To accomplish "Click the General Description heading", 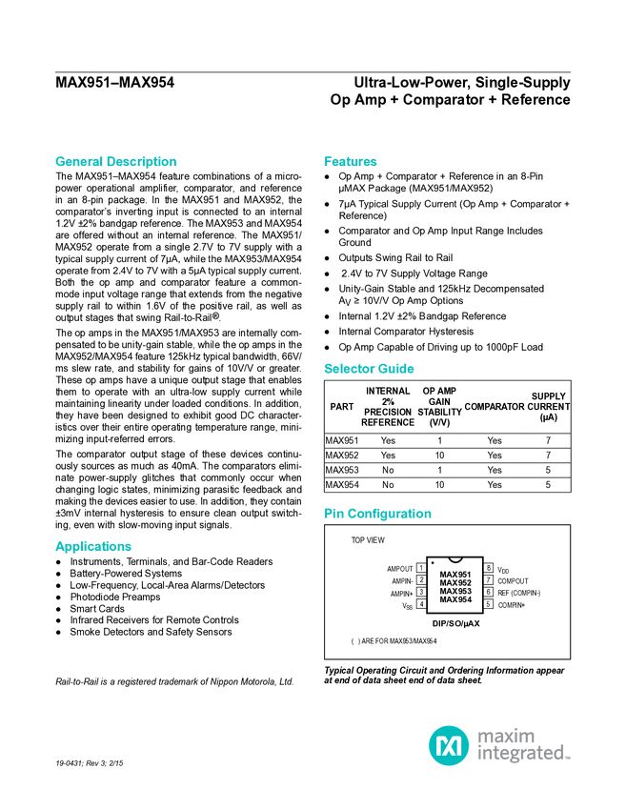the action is (115, 162).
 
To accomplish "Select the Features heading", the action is (351, 162).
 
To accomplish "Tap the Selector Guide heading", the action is (369, 369).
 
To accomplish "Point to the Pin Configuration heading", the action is (377, 514).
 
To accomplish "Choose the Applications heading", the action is (93, 547).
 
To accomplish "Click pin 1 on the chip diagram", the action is (421, 568).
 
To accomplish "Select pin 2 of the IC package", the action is (421, 579).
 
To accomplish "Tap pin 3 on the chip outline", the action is (421, 592).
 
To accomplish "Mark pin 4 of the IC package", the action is (421, 603).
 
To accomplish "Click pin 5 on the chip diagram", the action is (488, 603).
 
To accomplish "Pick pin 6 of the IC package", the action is (488, 592).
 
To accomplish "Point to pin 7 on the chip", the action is (488, 579).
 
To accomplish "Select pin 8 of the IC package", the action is (488, 568).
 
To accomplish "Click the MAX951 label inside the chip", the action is (455, 575).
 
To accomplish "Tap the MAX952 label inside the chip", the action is (455, 583).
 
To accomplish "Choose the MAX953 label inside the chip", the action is (455, 592).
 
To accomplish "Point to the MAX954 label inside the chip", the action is (455, 600).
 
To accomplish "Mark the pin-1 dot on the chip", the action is (434, 564).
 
